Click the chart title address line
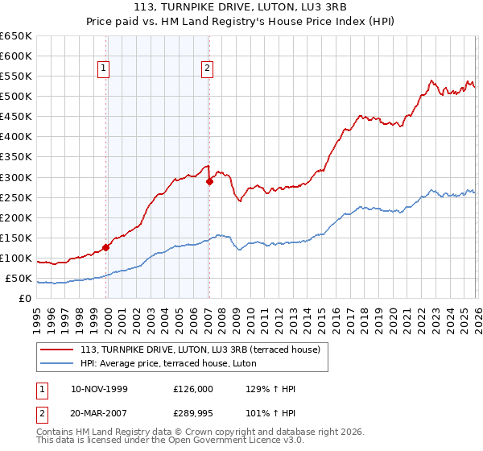[x=242, y=7]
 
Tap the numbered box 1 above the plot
[x=104, y=69]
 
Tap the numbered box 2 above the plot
[x=207, y=69]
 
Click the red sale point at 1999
[x=106, y=247]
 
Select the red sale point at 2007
[x=209, y=181]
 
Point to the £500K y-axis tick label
[x=16, y=97]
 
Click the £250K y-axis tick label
[x=16, y=197]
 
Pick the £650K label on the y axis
[x=16, y=36]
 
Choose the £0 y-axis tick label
[x=25, y=299]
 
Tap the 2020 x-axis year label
[x=391, y=314]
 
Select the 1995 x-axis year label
[x=37, y=314]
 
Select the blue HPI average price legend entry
[x=168, y=363]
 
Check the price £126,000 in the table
[x=193, y=389]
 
